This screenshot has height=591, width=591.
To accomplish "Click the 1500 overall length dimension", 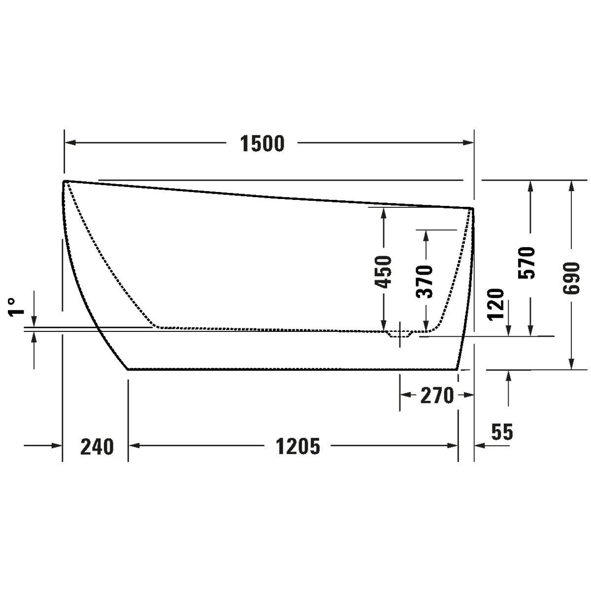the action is (262, 143).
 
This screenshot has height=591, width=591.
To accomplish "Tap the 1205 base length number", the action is (298, 447).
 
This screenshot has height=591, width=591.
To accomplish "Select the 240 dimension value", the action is (97, 447).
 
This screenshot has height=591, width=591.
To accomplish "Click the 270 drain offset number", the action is (437, 395).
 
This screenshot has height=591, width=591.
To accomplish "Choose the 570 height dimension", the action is (526, 263).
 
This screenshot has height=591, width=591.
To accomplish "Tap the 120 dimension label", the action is (496, 304).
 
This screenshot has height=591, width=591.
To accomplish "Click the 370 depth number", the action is (424, 282).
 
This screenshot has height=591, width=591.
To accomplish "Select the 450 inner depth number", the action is (383, 272).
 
